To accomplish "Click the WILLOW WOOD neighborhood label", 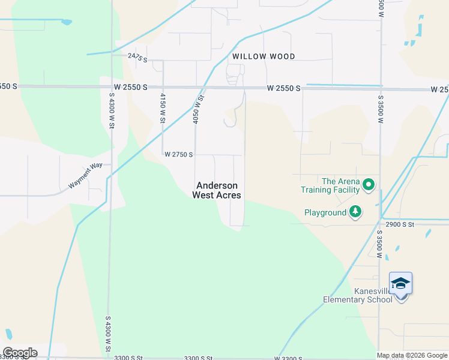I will [x=264, y=56].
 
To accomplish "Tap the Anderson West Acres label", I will [x=216, y=190].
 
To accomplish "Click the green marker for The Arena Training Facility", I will [x=369, y=184].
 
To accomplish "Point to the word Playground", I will [x=325, y=212].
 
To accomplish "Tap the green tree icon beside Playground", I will [x=356, y=211].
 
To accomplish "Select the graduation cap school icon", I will [x=400, y=283].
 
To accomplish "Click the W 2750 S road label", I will [x=179, y=154].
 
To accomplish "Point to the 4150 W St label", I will [x=162, y=107].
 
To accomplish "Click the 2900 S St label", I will [x=400, y=224].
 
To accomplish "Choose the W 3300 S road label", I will [x=288, y=358].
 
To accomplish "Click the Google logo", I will [x=20, y=352].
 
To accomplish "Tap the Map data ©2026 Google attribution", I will [x=411, y=355].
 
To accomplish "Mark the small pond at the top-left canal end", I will [x=66, y=22].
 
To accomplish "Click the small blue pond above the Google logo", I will [x=8, y=334].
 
